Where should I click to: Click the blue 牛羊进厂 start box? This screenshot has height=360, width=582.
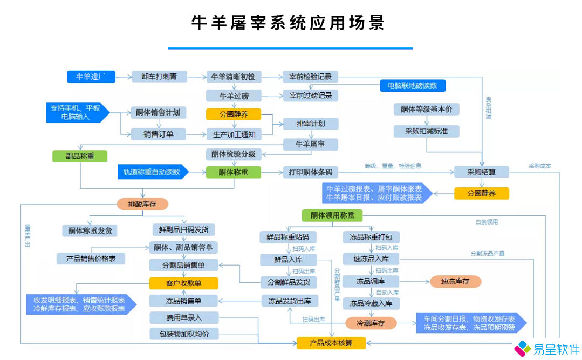91,77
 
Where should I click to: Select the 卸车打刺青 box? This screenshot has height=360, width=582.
159,77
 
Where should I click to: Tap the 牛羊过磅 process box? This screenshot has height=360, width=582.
233,96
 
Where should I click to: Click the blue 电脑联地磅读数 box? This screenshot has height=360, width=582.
413,85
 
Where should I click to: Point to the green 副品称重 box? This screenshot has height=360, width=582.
79,156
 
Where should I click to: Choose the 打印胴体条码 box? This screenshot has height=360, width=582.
311,173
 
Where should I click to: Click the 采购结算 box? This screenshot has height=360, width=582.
481,172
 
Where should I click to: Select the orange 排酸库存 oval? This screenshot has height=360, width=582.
142,204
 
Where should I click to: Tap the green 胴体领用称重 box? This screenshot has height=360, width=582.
332,215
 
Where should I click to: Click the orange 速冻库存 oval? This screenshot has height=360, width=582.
455,281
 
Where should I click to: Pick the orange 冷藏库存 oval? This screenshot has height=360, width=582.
371,323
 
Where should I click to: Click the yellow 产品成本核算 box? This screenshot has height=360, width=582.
331,342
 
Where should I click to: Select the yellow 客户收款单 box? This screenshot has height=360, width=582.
183,283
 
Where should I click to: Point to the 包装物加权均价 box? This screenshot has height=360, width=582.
184,334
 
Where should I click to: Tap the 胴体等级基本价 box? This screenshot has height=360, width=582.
427,110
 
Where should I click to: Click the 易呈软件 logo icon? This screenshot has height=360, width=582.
522,348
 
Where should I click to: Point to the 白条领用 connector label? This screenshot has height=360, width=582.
486,221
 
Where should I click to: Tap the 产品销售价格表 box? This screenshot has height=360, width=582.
91,259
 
